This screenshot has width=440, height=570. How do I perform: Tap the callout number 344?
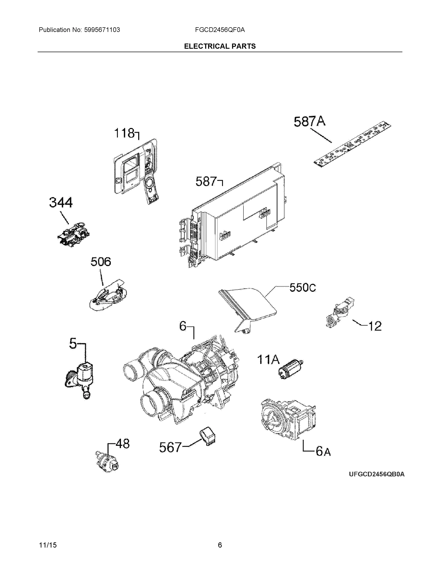[61, 203]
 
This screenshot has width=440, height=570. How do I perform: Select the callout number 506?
[101, 261]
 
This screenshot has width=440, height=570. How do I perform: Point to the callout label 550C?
[303, 288]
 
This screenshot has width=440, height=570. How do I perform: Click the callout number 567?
[170, 447]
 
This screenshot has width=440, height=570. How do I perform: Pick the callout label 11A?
[268, 359]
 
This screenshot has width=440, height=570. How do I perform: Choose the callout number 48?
[122, 443]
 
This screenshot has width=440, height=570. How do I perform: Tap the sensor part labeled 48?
[107, 462]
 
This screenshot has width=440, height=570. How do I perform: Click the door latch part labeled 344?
[74, 234]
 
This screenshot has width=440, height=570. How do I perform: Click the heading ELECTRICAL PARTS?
[220, 46]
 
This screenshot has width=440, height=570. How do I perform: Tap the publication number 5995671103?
[102, 30]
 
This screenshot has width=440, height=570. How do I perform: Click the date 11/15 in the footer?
[48, 545]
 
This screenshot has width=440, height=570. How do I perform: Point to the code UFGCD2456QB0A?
[377, 474]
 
